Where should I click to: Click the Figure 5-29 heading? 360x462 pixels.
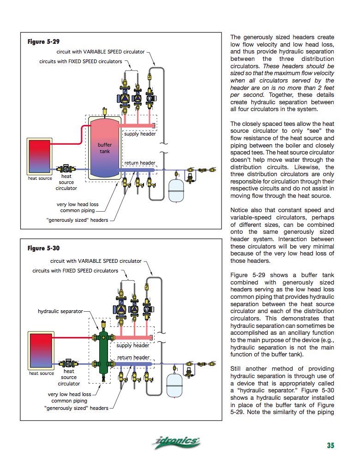click(43, 42)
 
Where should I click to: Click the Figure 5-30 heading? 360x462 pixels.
click(43, 249)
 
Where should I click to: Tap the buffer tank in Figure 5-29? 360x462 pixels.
click(105, 148)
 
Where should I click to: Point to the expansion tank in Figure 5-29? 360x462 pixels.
click(177, 190)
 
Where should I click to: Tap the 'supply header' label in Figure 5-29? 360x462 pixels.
click(140, 134)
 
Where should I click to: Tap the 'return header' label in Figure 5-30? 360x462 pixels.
click(133, 357)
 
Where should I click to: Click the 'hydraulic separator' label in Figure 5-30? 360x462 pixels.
click(60, 311)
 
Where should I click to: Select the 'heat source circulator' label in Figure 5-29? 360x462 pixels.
click(66, 182)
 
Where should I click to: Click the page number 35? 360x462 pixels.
click(330, 445)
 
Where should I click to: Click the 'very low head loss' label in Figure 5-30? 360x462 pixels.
click(70, 394)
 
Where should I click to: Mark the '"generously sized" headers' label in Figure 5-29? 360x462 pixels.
click(77, 220)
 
